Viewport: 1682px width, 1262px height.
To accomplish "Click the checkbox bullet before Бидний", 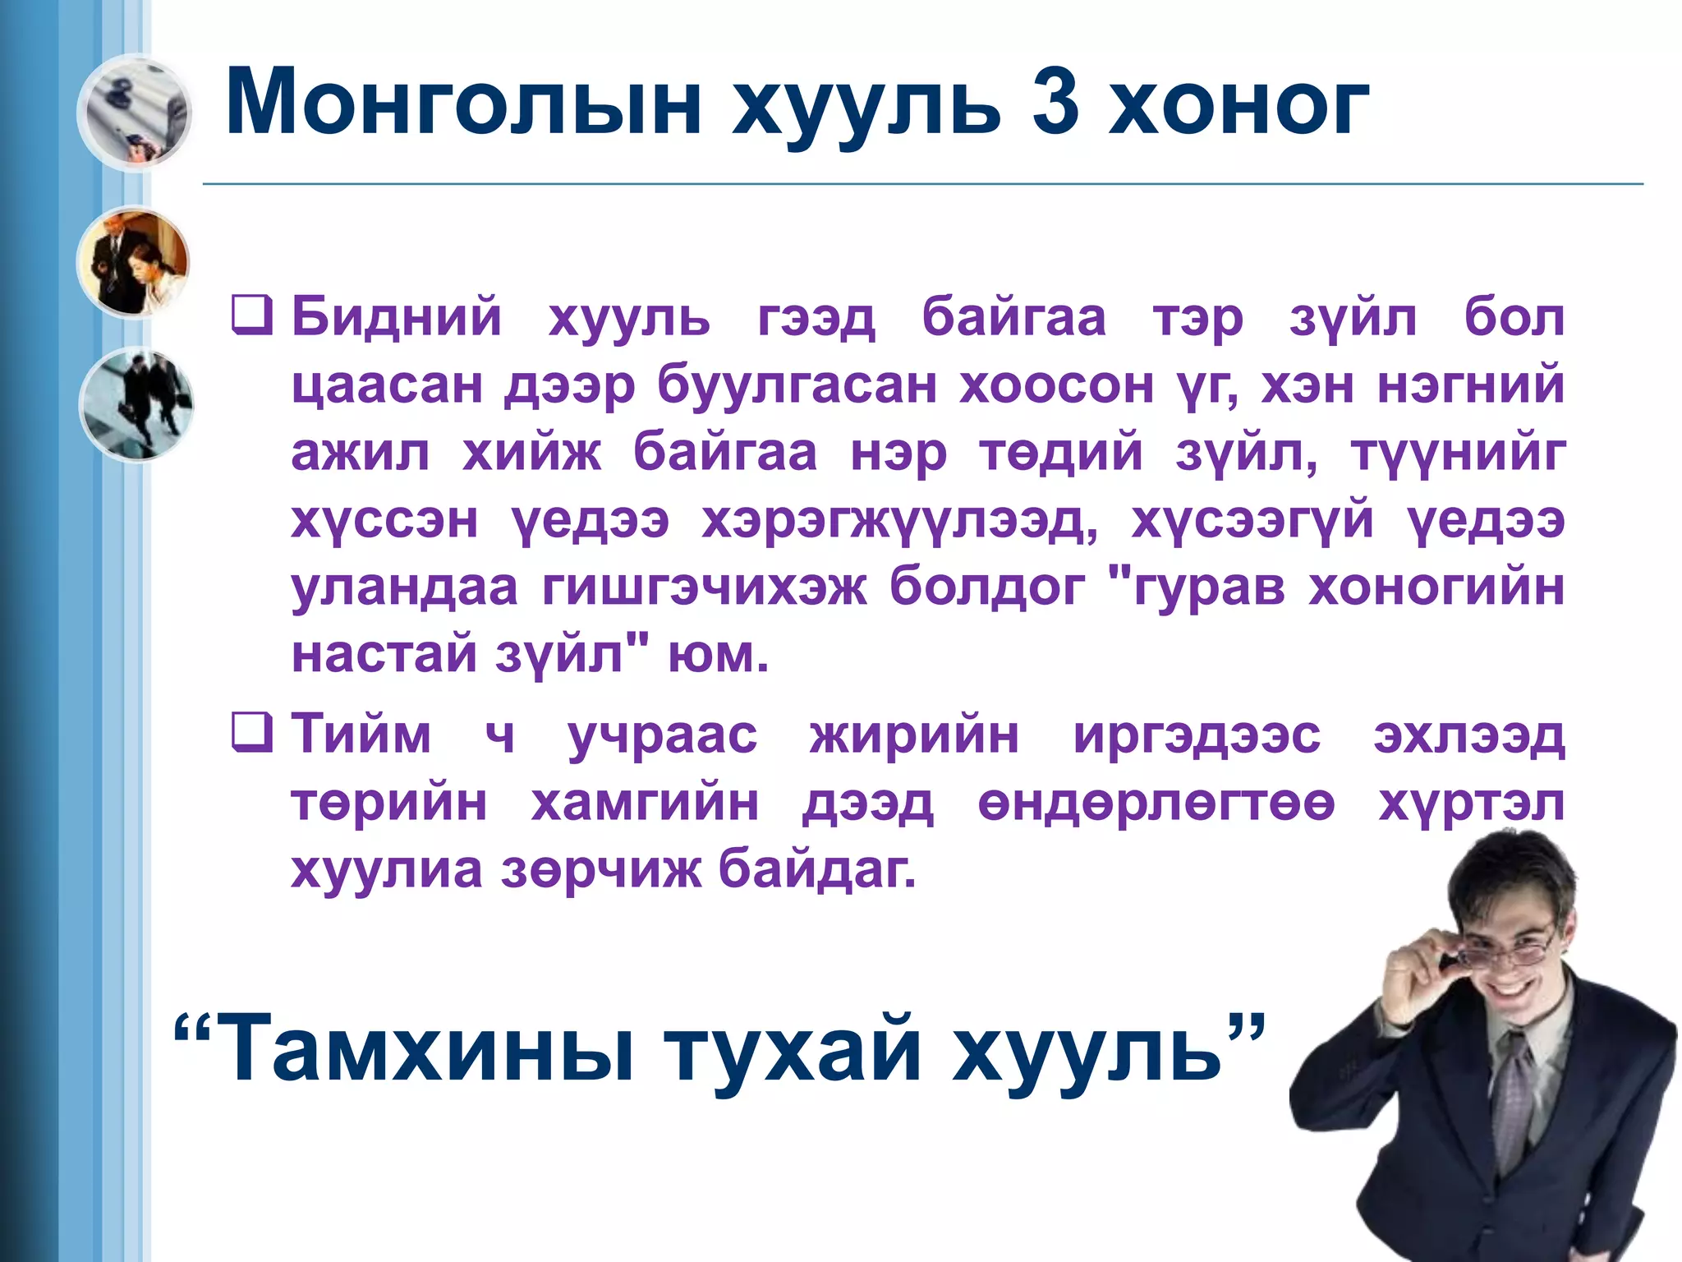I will coord(251,316).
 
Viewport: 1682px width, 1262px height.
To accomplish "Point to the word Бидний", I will coord(396,317).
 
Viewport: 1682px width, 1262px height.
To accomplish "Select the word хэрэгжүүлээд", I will coord(899,521).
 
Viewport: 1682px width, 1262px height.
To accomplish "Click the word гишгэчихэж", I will coord(704,587).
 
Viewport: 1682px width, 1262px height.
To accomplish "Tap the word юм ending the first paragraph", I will coord(716,656).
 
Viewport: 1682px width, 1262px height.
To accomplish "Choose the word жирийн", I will coord(914,735).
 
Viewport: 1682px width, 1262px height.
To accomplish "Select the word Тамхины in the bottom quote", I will coord(426,1048).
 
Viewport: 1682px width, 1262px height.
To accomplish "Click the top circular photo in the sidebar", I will coord(135,112).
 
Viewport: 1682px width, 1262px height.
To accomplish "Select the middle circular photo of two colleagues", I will coord(133,261).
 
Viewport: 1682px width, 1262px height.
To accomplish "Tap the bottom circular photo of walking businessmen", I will coord(136,404).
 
